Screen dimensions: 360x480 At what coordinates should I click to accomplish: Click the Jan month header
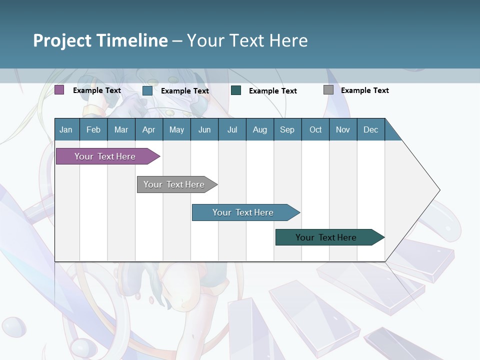coord(66,129)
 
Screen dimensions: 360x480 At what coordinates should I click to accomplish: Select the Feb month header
coord(93,129)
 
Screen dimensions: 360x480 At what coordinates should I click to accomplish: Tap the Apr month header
coord(148,129)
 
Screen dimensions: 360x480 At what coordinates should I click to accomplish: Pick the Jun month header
coord(204,129)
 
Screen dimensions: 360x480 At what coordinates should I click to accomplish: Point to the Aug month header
coord(259,129)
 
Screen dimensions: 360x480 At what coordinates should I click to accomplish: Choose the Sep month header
coord(287,129)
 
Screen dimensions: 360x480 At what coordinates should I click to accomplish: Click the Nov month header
coord(343,129)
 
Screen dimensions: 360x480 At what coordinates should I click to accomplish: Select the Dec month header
coord(370,129)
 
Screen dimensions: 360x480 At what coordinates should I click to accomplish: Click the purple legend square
coord(59,90)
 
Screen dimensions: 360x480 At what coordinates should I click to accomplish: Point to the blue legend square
coord(147,90)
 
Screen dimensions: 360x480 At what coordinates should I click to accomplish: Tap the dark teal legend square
coord(236,90)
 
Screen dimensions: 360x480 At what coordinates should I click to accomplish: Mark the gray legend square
coord(328,90)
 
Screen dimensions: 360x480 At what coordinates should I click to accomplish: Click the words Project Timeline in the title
coord(100,40)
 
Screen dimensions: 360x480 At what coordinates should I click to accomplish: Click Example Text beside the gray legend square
coord(364,90)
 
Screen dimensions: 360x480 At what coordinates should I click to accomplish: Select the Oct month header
coord(315,129)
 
